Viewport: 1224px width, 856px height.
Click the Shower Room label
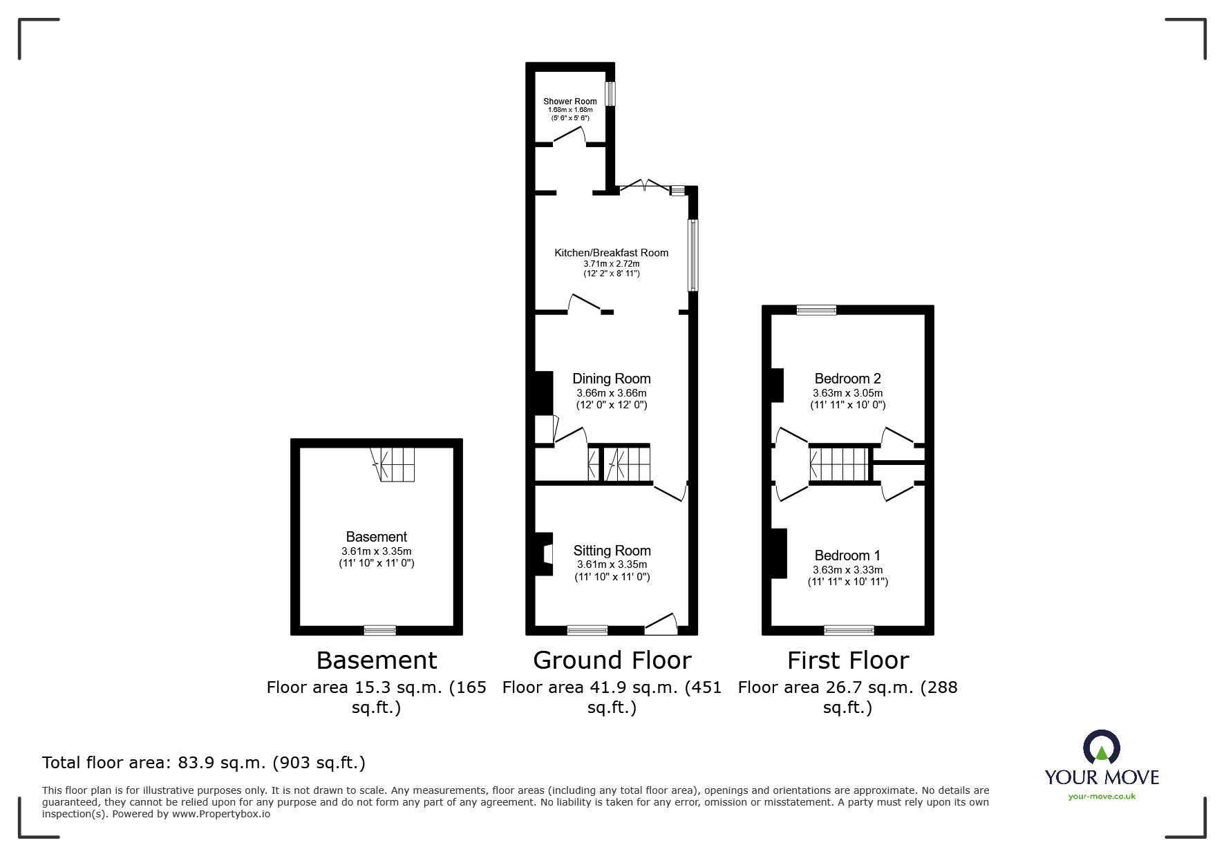(x=569, y=102)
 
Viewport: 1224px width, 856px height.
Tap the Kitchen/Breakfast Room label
(x=611, y=253)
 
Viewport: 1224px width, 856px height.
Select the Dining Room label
(x=612, y=379)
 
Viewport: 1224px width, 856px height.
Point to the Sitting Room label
(x=612, y=551)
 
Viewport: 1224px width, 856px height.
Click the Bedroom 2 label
(x=847, y=379)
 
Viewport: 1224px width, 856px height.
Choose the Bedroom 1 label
(x=847, y=555)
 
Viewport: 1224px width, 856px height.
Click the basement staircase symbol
(x=392, y=464)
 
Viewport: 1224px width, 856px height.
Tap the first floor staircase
(x=839, y=464)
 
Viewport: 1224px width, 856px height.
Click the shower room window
(x=610, y=95)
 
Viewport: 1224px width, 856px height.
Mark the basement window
(x=380, y=630)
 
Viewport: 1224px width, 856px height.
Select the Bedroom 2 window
(x=816, y=310)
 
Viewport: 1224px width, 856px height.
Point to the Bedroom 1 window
(x=849, y=630)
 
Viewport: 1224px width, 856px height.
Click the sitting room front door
(x=661, y=624)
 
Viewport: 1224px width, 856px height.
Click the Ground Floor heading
(x=612, y=660)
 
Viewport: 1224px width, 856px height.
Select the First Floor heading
(x=848, y=660)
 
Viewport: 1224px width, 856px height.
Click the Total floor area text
(x=204, y=763)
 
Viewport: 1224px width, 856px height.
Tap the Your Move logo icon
(x=1102, y=748)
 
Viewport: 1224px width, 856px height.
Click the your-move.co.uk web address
(x=1102, y=797)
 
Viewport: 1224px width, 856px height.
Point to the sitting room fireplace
(x=544, y=554)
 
